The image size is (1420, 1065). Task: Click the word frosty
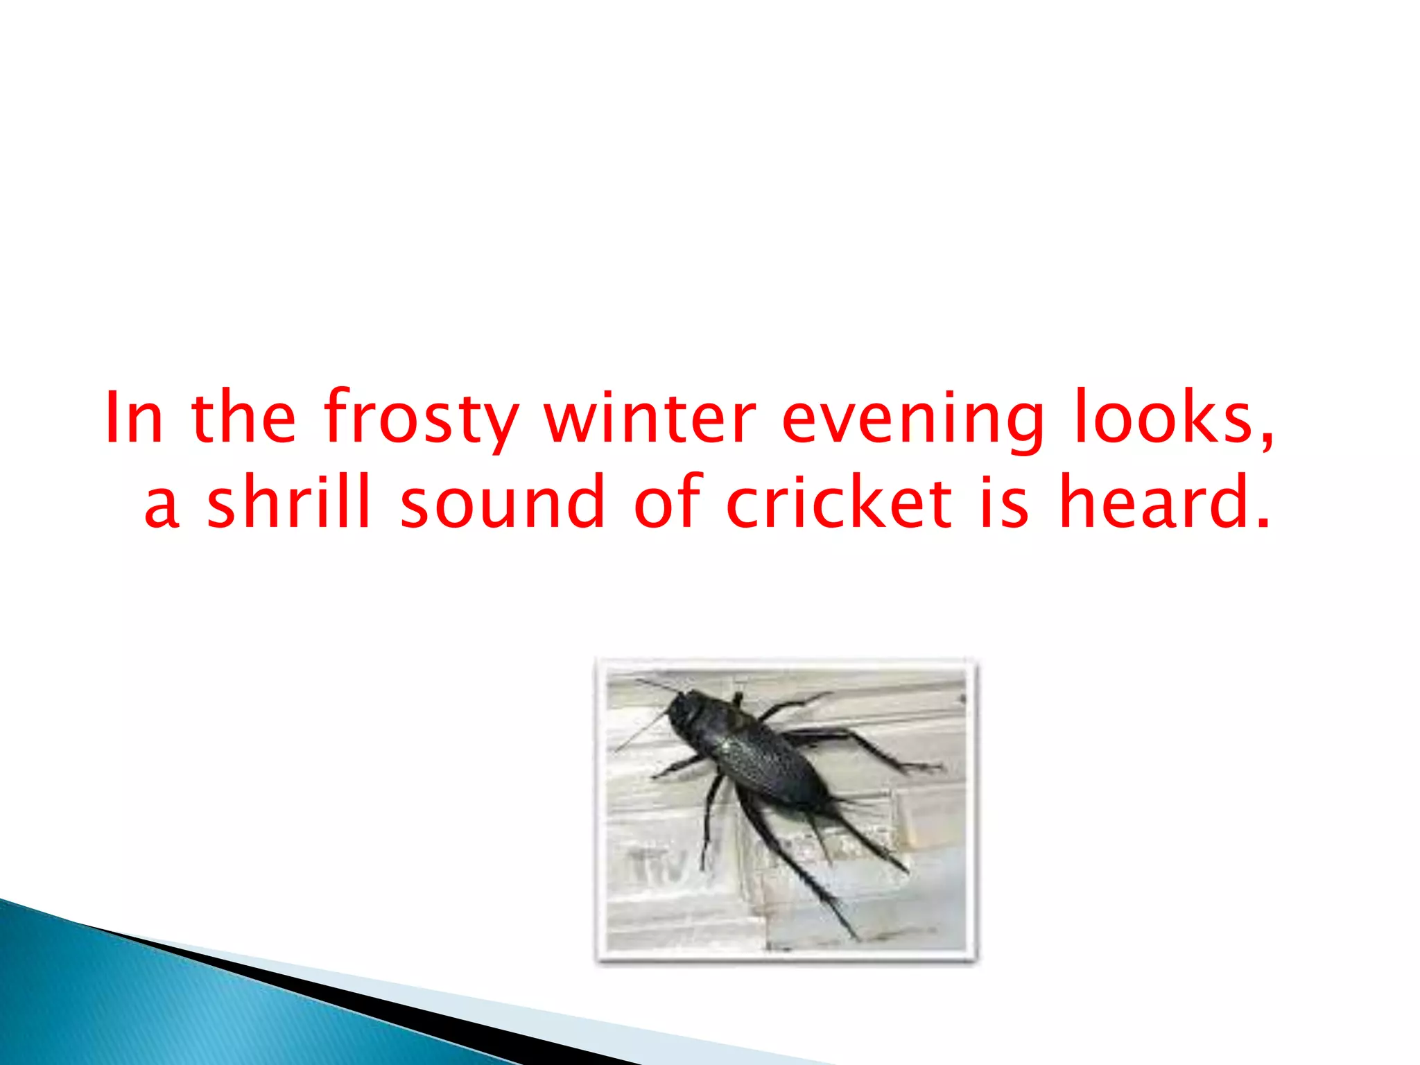421,419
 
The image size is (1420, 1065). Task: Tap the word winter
649,417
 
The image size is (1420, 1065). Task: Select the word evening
912,419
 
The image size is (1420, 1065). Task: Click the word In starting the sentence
134,417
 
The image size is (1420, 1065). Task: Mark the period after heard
1263,523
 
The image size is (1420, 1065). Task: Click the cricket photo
786,810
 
